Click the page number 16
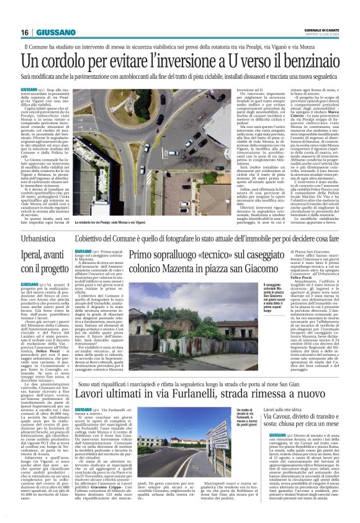(25, 32)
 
